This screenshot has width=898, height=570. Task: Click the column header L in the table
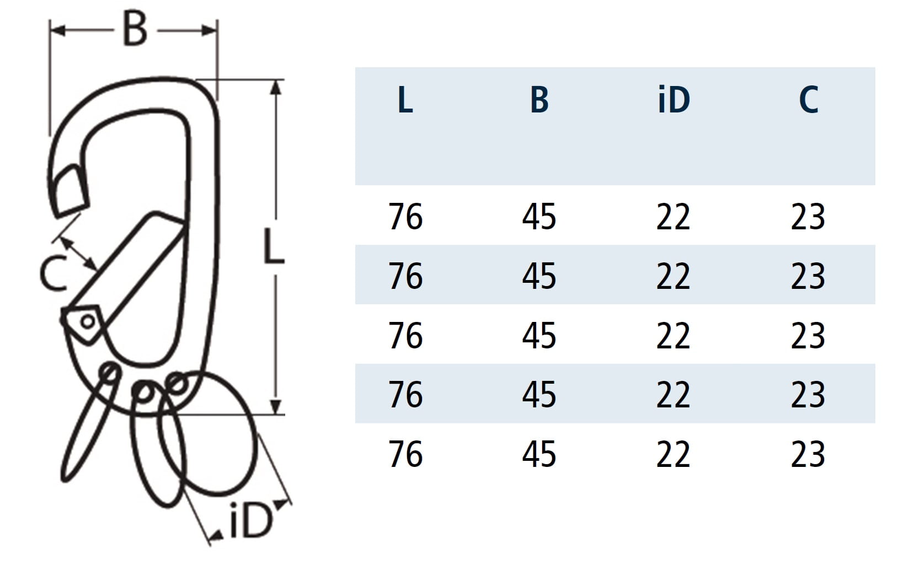405,99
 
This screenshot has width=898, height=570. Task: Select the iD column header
674,99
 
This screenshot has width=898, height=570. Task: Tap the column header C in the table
808,99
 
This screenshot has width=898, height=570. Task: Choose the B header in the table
539,99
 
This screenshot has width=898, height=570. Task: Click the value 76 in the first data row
405,217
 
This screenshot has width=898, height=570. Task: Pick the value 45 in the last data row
539,454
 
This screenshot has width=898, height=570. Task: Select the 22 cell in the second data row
673,276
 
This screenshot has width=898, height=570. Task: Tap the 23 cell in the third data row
808,335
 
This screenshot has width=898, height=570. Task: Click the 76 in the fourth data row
405,395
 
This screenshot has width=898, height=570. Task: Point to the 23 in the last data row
808,454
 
